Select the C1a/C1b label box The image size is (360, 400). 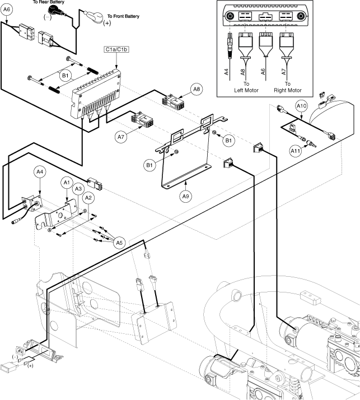coord(116,49)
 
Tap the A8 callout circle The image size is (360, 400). coord(197,89)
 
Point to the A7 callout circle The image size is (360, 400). coord(121,136)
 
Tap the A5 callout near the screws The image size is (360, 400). coord(119,243)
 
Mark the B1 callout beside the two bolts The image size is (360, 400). coord(66,74)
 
